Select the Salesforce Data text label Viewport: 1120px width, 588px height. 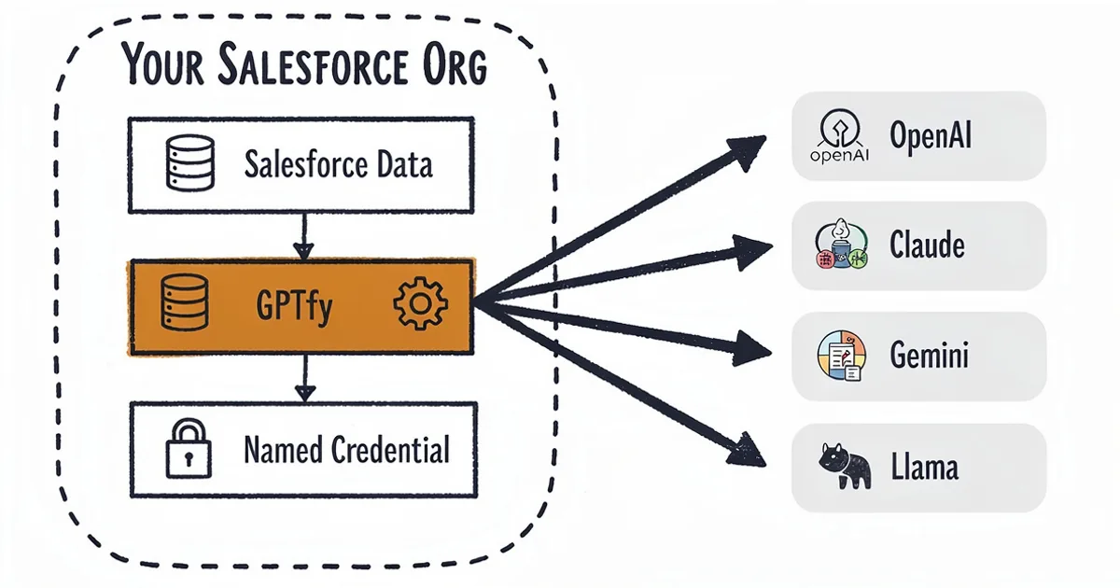(x=338, y=165)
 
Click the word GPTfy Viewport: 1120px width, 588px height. (x=293, y=306)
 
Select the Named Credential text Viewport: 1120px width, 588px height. (x=346, y=450)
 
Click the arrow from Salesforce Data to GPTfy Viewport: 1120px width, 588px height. (x=302, y=237)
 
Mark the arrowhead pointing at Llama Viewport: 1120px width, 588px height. (x=748, y=451)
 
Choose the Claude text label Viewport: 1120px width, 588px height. (x=927, y=245)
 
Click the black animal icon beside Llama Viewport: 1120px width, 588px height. (x=844, y=467)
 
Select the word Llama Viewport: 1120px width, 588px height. (x=923, y=467)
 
